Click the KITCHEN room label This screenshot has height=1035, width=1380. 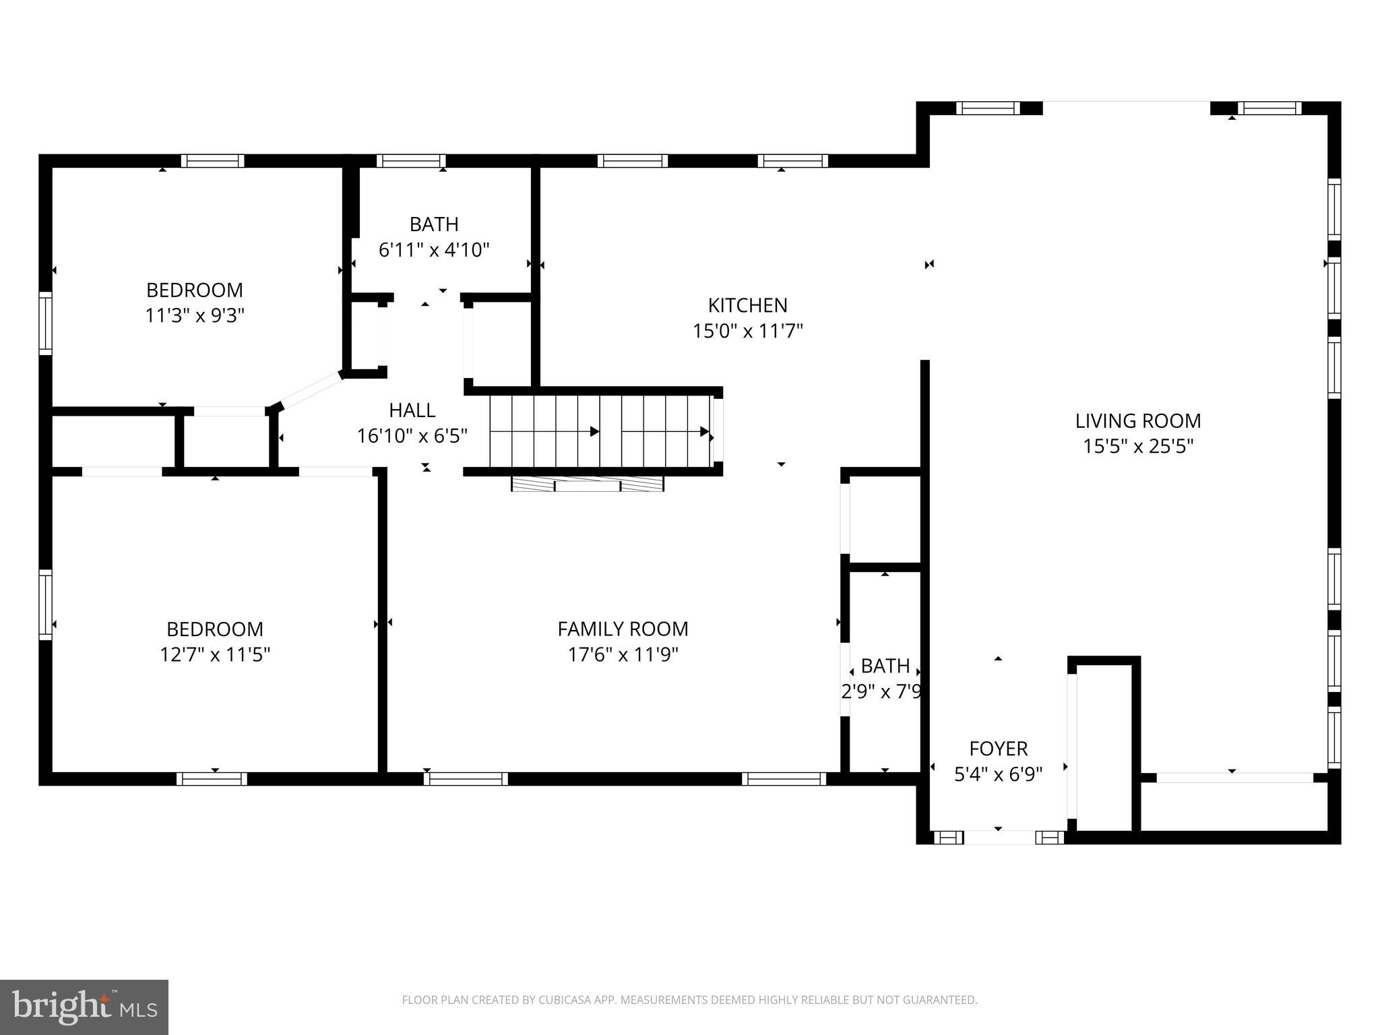tap(747, 305)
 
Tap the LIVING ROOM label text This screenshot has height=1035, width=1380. tap(1137, 421)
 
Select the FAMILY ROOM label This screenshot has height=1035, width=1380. tap(623, 629)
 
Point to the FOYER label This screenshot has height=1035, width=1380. tap(998, 749)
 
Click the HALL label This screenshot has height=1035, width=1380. tap(412, 410)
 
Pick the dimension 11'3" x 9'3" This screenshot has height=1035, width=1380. tap(194, 315)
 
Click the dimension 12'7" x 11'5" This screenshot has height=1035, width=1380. tap(214, 654)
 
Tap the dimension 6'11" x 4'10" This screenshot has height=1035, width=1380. tap(433, 250)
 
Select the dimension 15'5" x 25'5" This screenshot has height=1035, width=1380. tap(1137, 447)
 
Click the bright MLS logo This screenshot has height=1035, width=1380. tap(84, 1007)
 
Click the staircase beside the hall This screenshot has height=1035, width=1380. tap(600, 431)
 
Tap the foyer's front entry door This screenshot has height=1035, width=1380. tap(999, 838)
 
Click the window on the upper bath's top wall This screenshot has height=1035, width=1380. tap(411, 161)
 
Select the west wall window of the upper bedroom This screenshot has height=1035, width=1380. tap(45, 323)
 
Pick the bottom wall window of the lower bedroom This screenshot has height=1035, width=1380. tap(212, 779)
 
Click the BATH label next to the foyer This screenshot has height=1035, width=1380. tap(885, 666)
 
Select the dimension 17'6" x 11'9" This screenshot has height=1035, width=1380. tap(623, 654)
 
